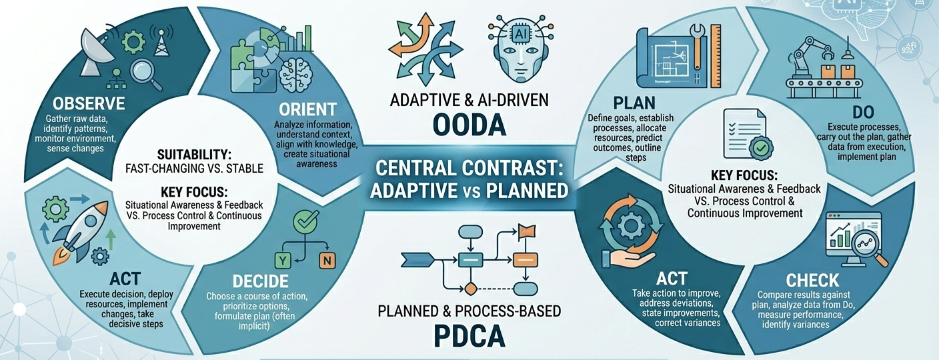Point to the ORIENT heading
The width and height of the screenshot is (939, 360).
[309, 109]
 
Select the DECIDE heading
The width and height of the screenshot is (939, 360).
[261, 281]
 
